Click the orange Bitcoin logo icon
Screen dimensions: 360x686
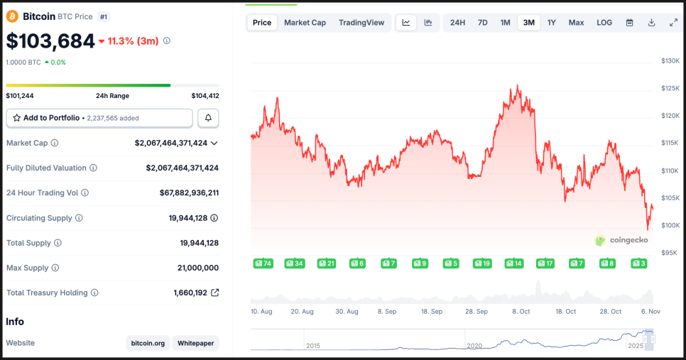pos(13,16)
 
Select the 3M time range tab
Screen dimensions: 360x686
pos(528,23)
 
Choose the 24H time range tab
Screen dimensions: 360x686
pos(457,23)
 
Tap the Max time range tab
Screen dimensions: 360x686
pos(576,23)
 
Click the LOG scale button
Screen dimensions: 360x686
pos(604,23)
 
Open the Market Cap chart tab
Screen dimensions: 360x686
pos(305,23)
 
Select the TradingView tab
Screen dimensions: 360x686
pos(361,23)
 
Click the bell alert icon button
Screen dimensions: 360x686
pos(208,118)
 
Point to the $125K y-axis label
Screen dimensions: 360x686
pos(670,89)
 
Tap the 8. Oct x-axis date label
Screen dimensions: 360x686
pos(521,312)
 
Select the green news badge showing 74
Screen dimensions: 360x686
pos(263,263)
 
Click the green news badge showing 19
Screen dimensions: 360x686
pos(482,263)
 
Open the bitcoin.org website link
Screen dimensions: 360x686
pos(148,343)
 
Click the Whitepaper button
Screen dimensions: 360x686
pos(195,343)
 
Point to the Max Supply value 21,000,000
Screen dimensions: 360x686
pos(197,268)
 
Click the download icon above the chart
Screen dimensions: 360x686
pos(651,23)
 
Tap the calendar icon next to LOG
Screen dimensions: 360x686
pos(629,23)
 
